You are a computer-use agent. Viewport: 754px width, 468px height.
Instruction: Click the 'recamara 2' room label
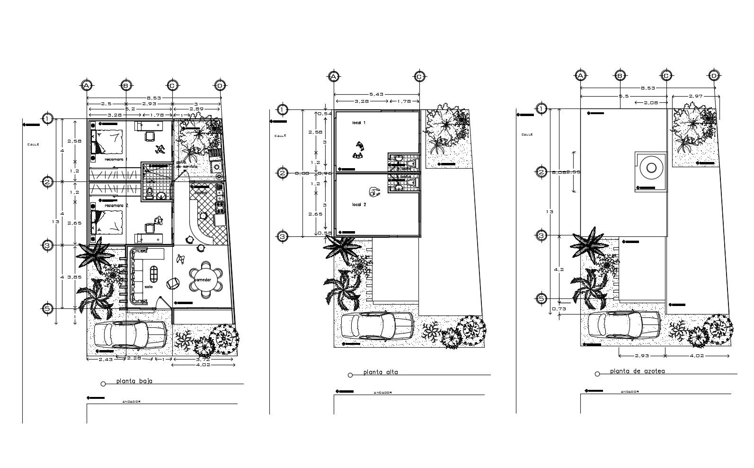116,205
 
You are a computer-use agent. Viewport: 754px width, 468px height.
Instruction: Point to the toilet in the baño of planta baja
150,193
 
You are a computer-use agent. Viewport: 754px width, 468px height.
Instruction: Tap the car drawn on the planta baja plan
130,334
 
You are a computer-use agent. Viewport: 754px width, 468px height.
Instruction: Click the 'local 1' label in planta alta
359,123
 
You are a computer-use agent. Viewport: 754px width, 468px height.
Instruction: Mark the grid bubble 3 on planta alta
282,236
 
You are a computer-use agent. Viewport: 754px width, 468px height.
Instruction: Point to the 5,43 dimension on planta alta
376,94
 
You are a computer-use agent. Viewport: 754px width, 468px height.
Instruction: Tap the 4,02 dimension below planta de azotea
697,355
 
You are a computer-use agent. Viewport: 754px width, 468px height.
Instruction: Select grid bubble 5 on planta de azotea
541,298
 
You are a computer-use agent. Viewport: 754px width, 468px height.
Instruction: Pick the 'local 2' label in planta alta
359,205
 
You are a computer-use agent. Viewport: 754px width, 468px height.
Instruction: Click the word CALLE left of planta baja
33,144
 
